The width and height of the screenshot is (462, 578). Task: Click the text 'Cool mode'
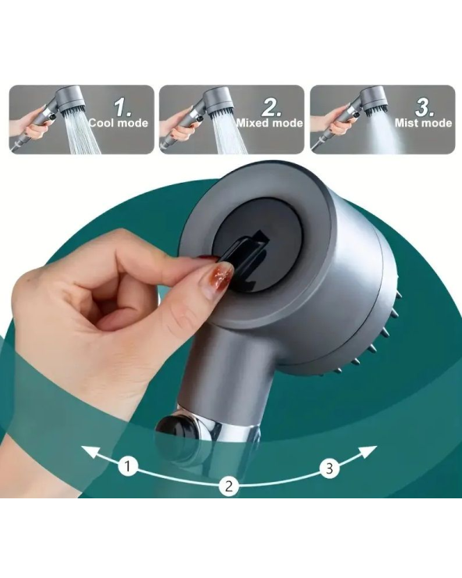[x=119, y=123]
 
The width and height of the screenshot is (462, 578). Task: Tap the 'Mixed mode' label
[x=270, y=123]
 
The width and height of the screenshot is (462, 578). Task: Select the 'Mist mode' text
[x=423, y=123]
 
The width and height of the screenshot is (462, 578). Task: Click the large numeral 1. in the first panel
[x=122, y=108]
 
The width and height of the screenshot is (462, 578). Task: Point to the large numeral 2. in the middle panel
[x=272, y=108]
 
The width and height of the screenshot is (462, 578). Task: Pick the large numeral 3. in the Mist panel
[x=425, y=108]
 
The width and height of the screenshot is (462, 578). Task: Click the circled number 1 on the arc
[x=127, y=466]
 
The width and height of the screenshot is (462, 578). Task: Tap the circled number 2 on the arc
[x=229, y=486]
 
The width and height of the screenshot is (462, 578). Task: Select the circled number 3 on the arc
[x=329, y=468]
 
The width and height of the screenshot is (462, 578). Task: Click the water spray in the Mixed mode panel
[x=229, y=133]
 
